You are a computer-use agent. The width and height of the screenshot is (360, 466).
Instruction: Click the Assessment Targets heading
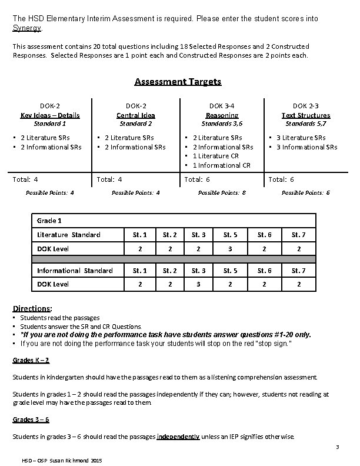click(x=178, y=82)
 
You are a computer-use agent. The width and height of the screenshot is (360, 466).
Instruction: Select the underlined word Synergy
click(x=28, y=28)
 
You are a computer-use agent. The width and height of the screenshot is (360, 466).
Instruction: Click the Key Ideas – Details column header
click(x=50, y=115)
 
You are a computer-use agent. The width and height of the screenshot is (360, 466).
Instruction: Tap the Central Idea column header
click(x=136, y=115)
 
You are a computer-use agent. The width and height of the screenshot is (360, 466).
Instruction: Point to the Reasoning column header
click(x=222, y=115)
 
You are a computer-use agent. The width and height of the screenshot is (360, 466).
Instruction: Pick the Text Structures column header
click(x=305, y=115)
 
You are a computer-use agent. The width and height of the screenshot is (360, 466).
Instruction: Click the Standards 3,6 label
click(x=222, y=124)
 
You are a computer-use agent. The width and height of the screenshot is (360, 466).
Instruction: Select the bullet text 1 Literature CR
click(x=215, y=156)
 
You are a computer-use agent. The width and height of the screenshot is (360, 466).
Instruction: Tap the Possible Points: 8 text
click(x=222, y=193)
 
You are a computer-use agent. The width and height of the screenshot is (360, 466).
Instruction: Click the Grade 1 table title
click(x=49, y=221)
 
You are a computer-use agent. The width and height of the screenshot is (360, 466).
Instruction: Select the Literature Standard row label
click(x=69, y=235)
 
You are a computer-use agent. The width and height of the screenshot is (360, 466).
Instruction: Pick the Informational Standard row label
click(x=75, y=271)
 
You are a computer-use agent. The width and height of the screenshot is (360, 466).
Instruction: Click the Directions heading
click(x=32, y=308)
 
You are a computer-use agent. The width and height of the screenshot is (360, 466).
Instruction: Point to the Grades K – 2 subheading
click(x=31, y=360)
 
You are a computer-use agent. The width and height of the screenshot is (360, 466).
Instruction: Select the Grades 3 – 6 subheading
click(x=31, y=420)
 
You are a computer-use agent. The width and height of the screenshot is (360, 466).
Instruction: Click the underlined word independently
click(x=178, y=437)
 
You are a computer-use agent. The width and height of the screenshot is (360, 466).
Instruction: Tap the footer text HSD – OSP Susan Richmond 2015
click(x=61, y=459)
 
